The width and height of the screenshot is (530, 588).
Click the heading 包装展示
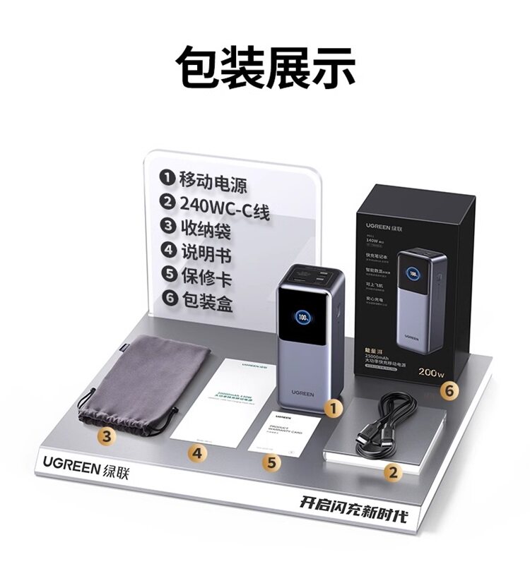pos(265,67)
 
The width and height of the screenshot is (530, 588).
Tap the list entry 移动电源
pos(205,179)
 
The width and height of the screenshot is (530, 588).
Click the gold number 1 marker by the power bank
pos(334,407)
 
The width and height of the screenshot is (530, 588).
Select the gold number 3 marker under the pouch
pos(106,436)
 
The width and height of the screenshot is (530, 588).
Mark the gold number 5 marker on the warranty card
pos(270,462)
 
